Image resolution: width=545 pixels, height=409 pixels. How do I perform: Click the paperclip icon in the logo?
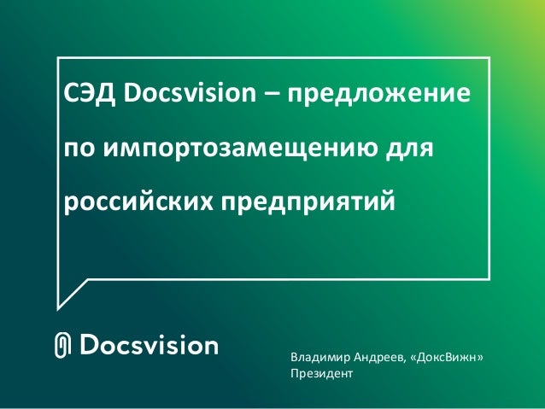click(x=62, y=346)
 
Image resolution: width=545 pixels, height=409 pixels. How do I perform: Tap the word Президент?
click(x=321, y=374)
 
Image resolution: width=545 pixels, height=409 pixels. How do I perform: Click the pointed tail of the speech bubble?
click(x=60, y=303)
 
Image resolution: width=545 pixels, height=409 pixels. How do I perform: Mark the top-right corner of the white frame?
click(x=490, y=57)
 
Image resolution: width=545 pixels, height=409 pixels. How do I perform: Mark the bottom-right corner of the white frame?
click(x=490, y=277)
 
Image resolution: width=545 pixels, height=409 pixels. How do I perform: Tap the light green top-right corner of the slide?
click(x=534, y=9)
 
